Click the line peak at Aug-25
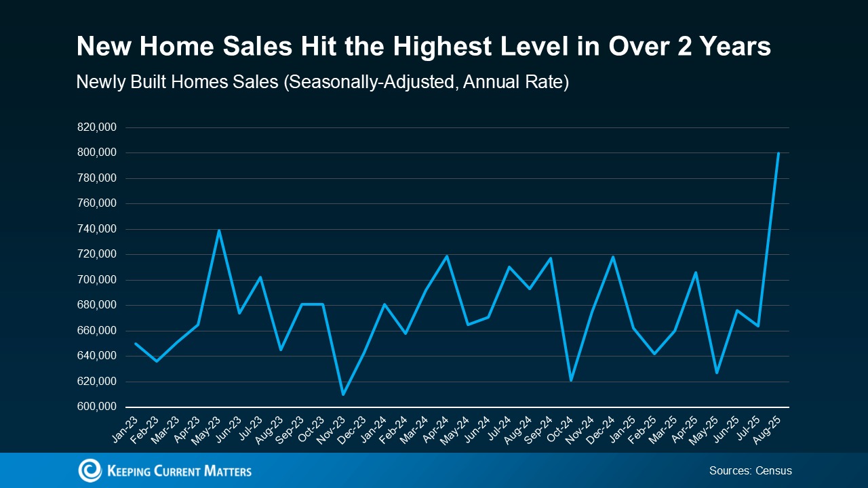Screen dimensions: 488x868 point(778,153)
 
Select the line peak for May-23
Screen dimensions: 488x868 point(218,230)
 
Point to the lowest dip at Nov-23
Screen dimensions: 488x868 point(342,394)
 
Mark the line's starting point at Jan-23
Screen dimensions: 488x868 point(136,344)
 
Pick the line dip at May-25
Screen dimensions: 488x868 point(716,373)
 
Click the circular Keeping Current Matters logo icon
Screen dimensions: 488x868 point(90,470)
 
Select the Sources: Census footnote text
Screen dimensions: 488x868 point(750,470)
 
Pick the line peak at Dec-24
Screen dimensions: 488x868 point(612,257)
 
